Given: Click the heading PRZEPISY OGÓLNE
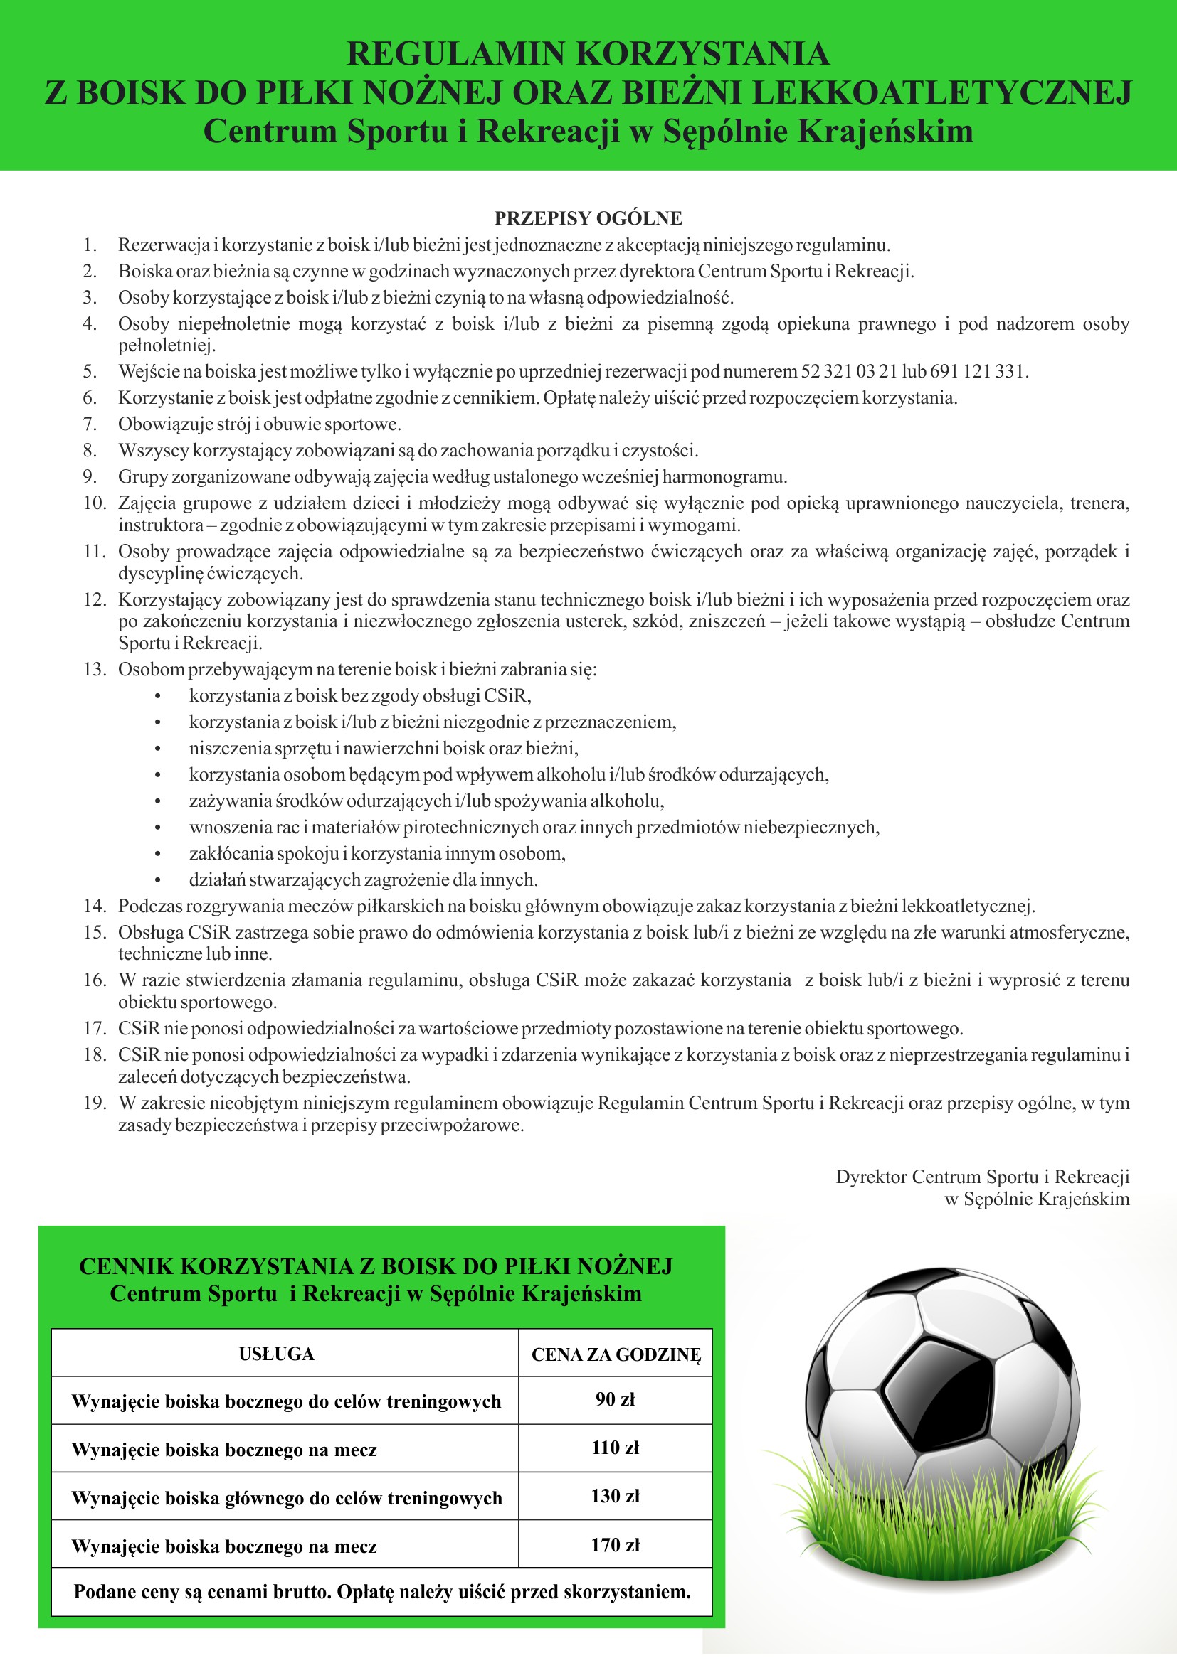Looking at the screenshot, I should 588,218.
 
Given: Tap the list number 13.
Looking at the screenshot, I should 94,669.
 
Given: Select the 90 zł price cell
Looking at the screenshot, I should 615,1399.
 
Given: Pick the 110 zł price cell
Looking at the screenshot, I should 615,1448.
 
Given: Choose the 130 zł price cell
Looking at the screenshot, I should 615,1497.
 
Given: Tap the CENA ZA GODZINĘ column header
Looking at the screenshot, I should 616,1355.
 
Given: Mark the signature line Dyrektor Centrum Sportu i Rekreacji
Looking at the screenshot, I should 982,1177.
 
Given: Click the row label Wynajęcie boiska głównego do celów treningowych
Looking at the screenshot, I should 286,1498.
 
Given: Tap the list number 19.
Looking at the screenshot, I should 94,1103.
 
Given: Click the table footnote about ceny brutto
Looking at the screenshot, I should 382,1592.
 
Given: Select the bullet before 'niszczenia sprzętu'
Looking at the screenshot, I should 157,749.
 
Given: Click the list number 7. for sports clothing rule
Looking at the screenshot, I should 90,424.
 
